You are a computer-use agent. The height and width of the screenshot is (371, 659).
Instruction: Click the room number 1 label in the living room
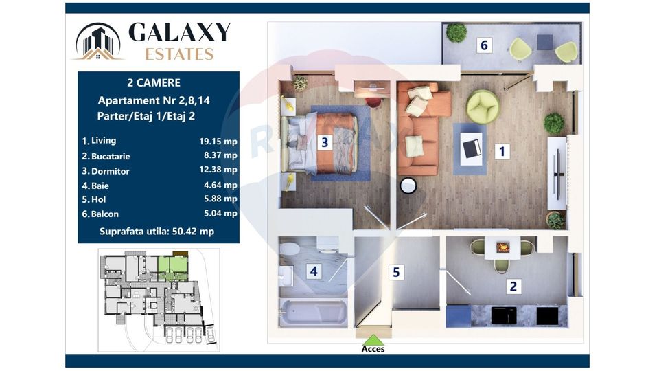point(501,151)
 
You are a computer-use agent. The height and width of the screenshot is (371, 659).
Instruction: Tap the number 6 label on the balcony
point(484,45)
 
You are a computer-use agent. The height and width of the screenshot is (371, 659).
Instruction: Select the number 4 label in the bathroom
point(314,271)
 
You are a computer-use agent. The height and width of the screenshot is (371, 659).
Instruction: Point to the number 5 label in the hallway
point(396,272)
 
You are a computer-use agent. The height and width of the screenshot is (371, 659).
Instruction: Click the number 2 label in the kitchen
point(513,286)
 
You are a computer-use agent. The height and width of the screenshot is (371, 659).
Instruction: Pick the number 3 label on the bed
point(325,142)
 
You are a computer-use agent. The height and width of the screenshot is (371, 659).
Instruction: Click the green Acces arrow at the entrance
point(373,340)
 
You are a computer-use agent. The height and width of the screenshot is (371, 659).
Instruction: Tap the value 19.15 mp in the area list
point(218,142)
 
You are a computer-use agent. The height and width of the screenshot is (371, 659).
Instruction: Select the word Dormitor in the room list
point(110,171)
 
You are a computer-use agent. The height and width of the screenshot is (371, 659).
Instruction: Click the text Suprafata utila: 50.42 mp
point(157,232)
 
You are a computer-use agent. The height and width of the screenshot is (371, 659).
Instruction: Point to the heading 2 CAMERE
point(154,83)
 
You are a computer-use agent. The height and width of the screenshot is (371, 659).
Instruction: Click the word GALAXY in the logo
point(179,32)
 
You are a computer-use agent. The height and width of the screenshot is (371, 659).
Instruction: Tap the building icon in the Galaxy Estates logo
point(98,41)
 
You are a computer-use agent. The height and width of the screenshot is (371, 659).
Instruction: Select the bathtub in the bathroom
point(314,312)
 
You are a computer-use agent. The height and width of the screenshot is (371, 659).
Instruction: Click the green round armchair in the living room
point(483,107)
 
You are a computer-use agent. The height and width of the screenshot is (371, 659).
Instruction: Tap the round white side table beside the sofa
point(408,185)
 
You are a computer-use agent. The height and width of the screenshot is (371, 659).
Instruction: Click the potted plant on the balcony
point(456,33)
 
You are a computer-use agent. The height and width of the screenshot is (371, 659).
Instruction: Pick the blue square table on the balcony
point(544,42)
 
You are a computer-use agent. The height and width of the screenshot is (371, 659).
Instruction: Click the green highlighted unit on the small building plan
point(173,268)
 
